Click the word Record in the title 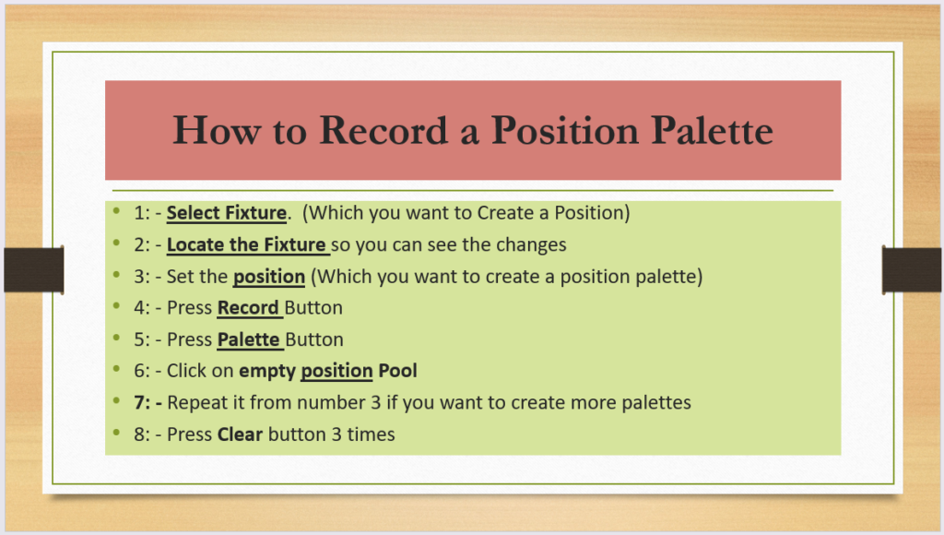click(x=383, y=130)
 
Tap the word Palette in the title click(x=713, y=130)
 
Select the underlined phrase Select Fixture click(x=227, y=213)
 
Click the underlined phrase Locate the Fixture click(x=246, y=244)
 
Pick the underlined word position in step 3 click(x=269, y=277)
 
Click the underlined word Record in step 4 click(x=248, y=308)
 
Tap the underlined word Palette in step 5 click(x=249, y=339)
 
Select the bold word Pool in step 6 click(x=397, y=371)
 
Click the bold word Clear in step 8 click(x=240, y=434)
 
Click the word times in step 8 click(x=371, y=434)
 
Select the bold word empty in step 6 click(x=267, y=372)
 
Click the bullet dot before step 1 click(x=116, y=211)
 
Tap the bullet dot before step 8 click(x=116, y=432)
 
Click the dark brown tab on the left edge click(x=34, y=270)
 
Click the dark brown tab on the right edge click(x=912, y=270)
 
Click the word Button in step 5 click(x=314, y=339)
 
